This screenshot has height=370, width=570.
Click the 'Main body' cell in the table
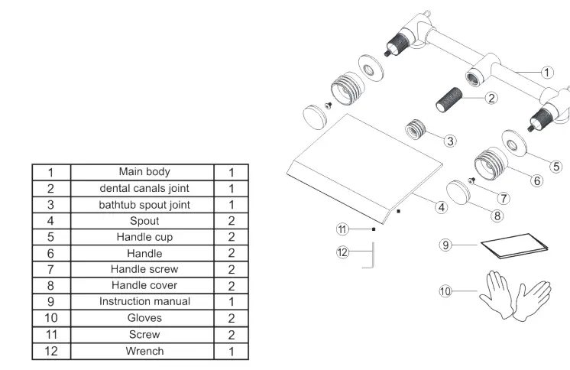(144, 172)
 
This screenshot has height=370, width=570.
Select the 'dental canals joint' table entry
(144, 188)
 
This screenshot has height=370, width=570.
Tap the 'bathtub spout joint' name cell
(144, 205)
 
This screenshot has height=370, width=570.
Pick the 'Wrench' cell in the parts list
(144, 351)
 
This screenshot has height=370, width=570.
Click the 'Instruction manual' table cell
(144, 301)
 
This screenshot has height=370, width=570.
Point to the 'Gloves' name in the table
(144, 318)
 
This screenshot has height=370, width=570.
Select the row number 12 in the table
(50, 351)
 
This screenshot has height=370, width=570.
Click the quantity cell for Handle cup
(231, 237)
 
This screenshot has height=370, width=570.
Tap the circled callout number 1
(547, 73)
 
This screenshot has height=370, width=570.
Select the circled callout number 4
(441, 207)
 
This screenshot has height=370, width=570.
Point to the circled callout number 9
(447, 245)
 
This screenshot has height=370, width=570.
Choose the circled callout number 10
(446, 290)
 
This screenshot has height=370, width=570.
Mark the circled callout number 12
(343, 251)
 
